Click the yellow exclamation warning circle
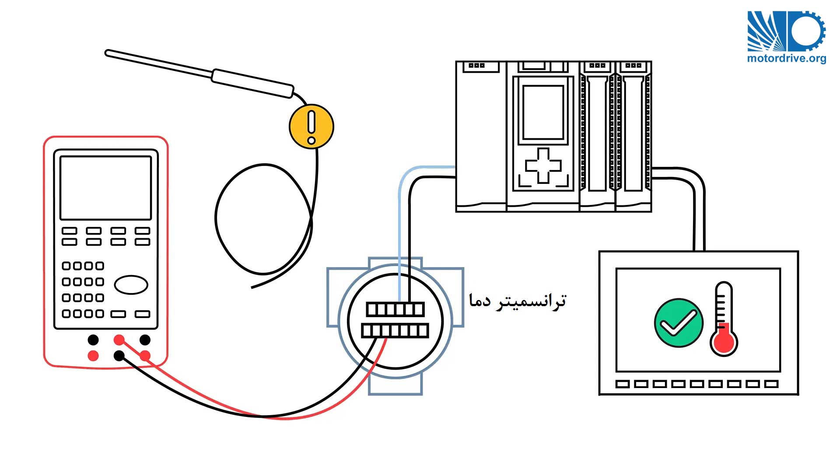click(x=311, y=126)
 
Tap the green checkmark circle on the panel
click(x=679, y=323)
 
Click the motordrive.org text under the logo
click(x=787, y=58)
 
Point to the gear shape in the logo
click(x=808, y=31)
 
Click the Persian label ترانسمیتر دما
click(x=518, y=301)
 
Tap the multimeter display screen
click(x=105, y=188)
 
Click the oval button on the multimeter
click(x=131, y=285)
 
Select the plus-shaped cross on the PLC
click(x=543, y=165)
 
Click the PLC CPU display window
click(x=543, y=113)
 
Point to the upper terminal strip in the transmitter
click(x=395, y=309)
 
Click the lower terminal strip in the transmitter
click(x=395, y=330)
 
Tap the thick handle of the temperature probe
click(x=252, y=83)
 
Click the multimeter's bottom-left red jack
click(x=93, y=355)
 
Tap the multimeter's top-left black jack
click(x=93, y=339)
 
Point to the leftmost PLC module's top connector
click(x=477, y=66)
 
